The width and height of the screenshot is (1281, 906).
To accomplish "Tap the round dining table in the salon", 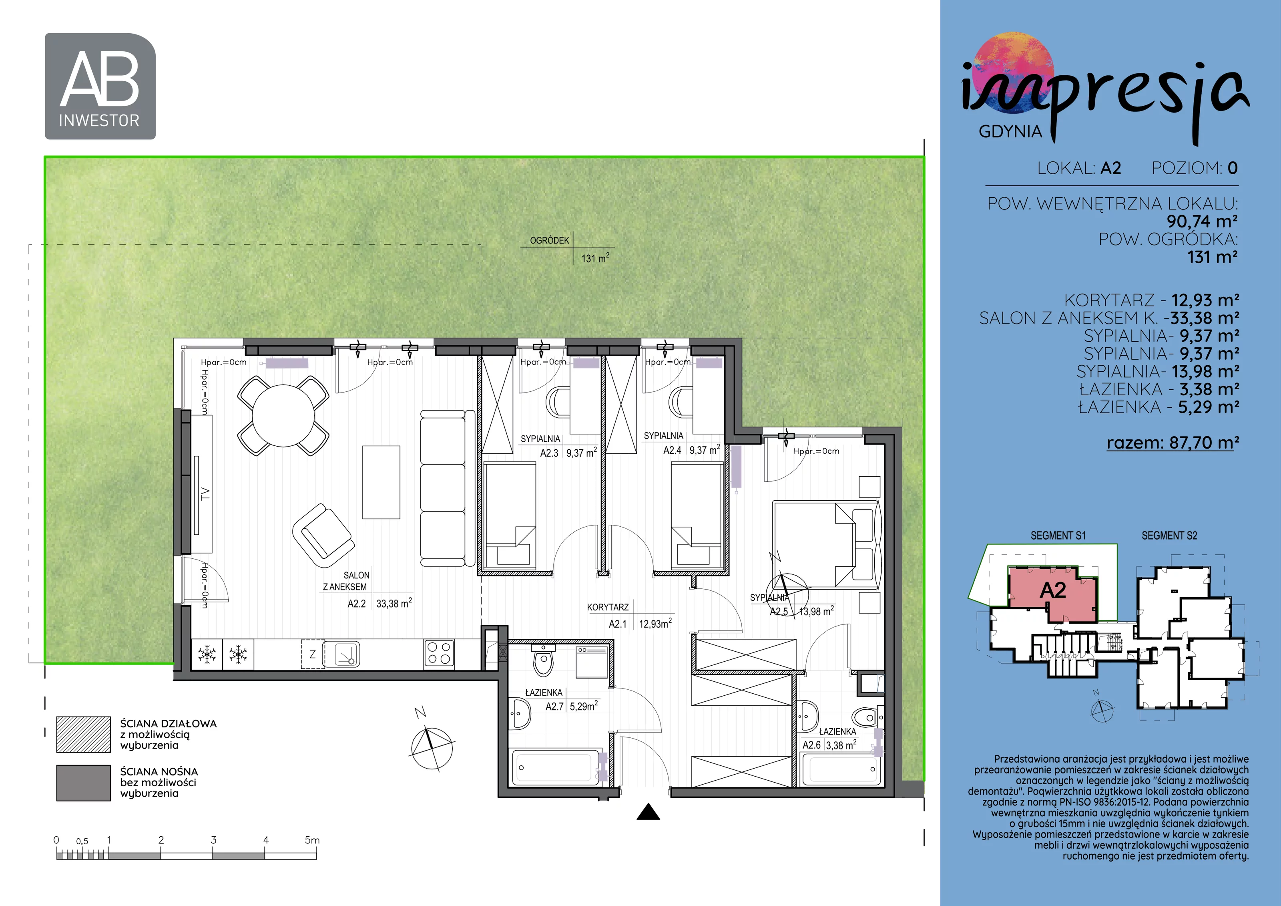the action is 283,416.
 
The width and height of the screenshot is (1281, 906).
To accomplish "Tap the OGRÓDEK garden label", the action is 550,241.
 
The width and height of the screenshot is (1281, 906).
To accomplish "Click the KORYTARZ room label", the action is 608,607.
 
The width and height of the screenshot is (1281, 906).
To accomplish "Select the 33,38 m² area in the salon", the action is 394,603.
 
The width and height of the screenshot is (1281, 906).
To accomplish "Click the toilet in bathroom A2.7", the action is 542,660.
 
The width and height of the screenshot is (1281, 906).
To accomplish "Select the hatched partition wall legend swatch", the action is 84,734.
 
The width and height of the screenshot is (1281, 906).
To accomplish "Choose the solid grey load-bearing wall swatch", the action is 84,783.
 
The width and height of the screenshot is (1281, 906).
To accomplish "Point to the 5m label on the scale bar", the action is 312,840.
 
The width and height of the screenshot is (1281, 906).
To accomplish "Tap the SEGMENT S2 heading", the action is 1169,536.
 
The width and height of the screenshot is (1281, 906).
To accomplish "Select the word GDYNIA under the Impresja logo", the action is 1010,132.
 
